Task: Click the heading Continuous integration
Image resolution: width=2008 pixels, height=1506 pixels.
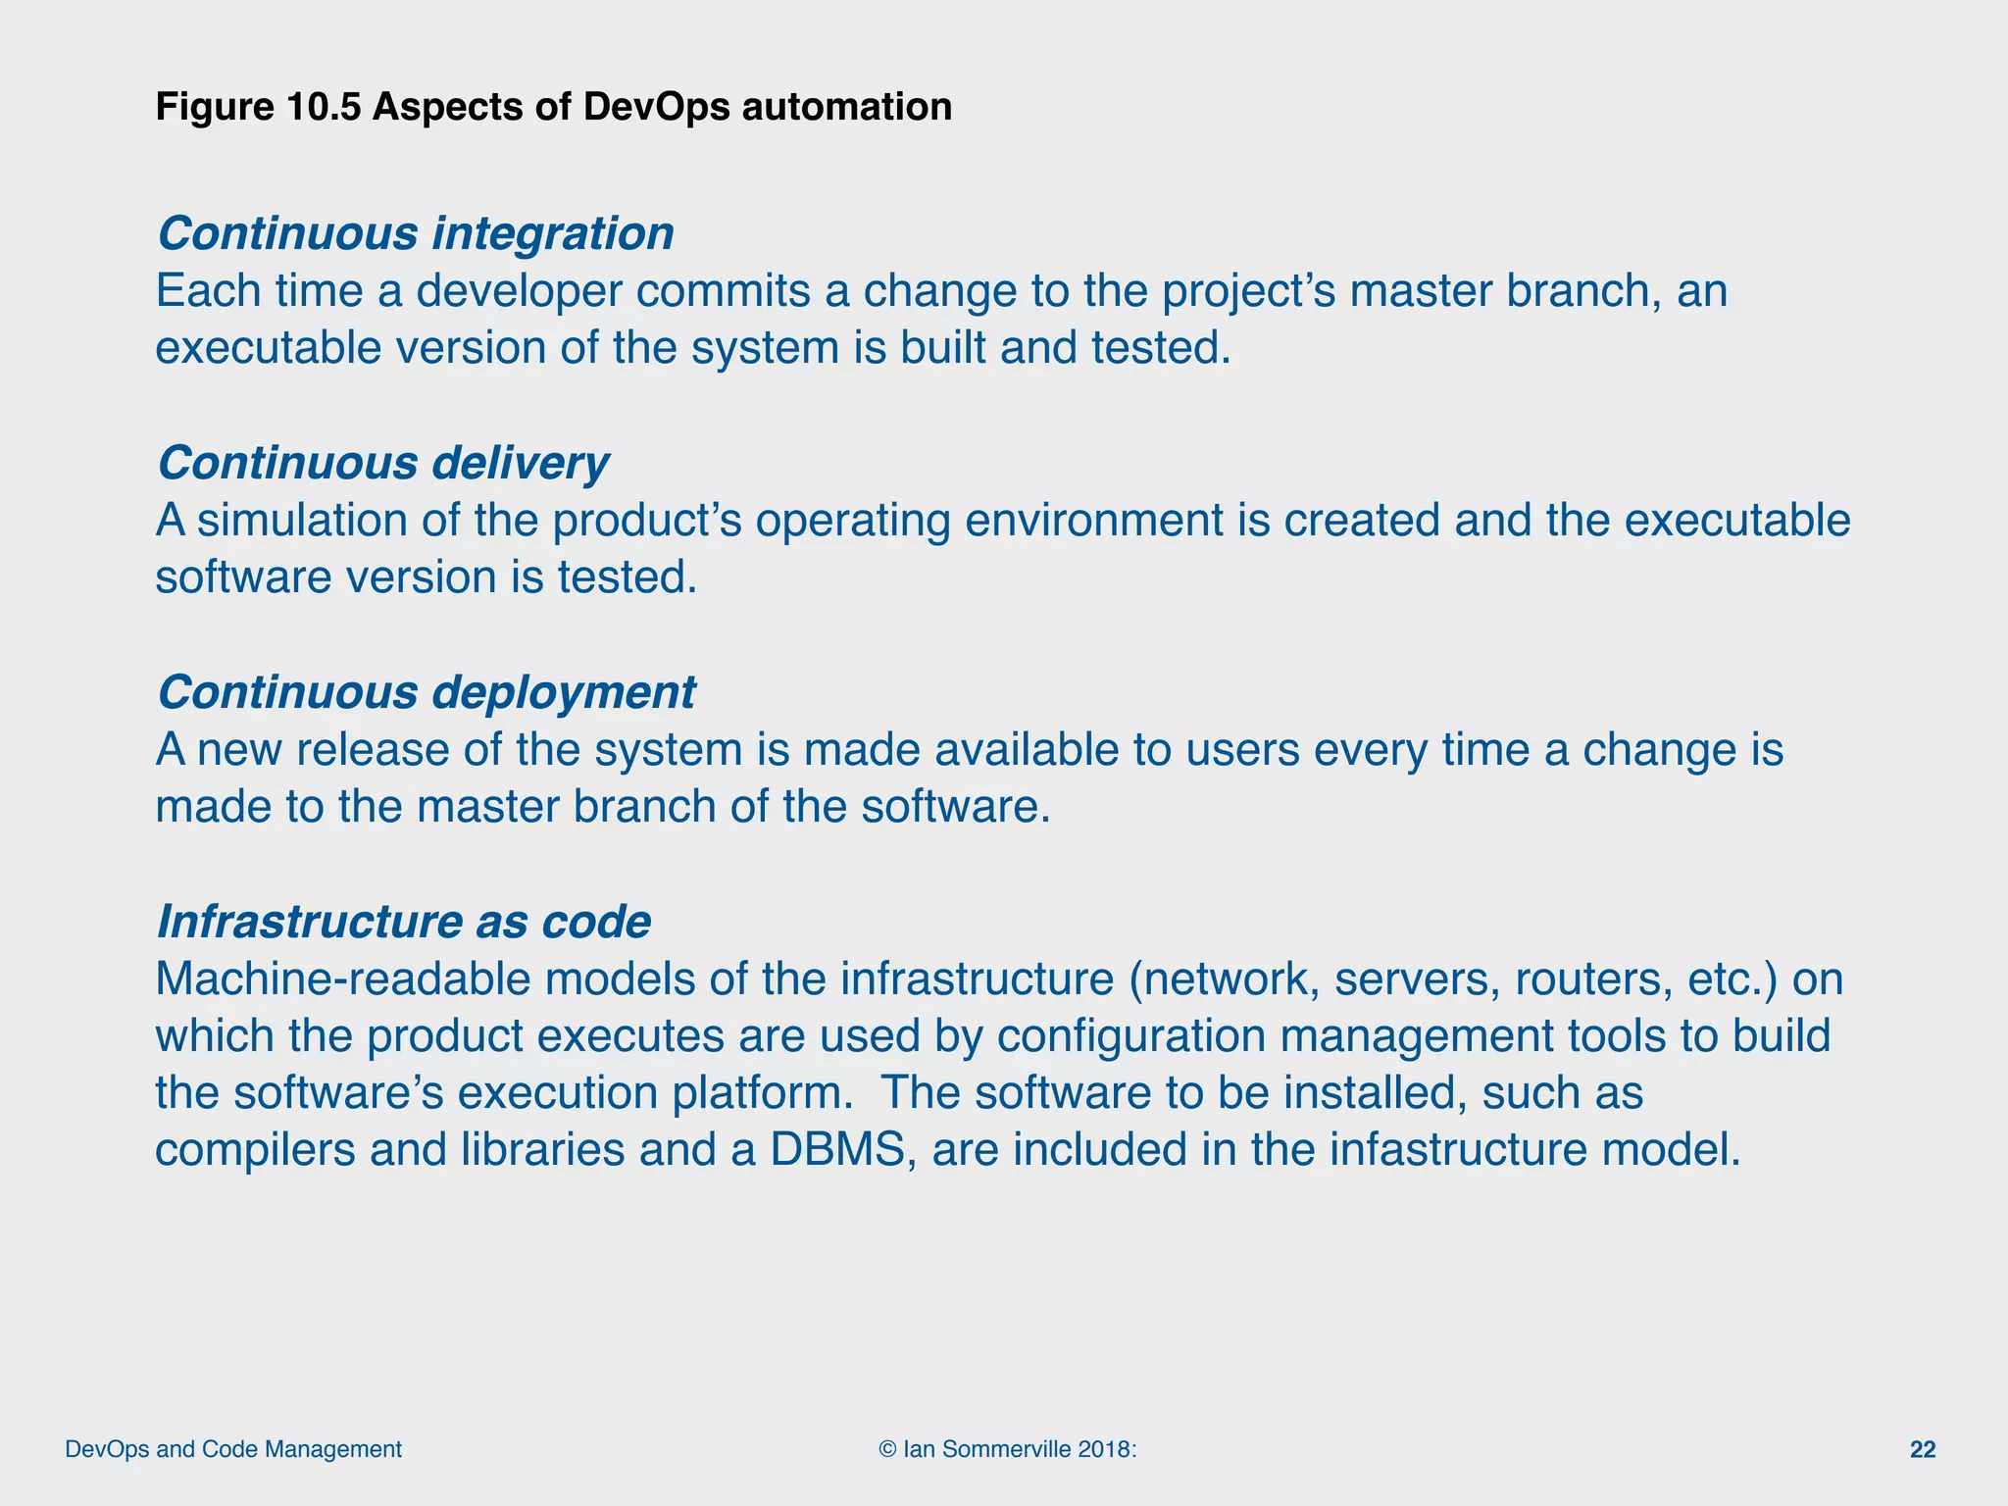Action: click(x=416, y=233)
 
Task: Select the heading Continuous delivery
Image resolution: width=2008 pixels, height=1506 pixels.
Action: click(x=383, y=463)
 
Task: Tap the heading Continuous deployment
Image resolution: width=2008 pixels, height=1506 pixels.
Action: click(x=427, y=692)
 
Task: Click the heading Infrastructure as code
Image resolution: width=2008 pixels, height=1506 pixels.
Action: click(x=403, y=922)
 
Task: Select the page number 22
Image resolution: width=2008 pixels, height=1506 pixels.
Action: click(x=1923, y=1450)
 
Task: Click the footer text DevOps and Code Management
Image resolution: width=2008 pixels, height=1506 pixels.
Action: click(x=233, y=1449)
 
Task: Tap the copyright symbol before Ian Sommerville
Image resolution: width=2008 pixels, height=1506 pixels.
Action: click(x=888, y=1449)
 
